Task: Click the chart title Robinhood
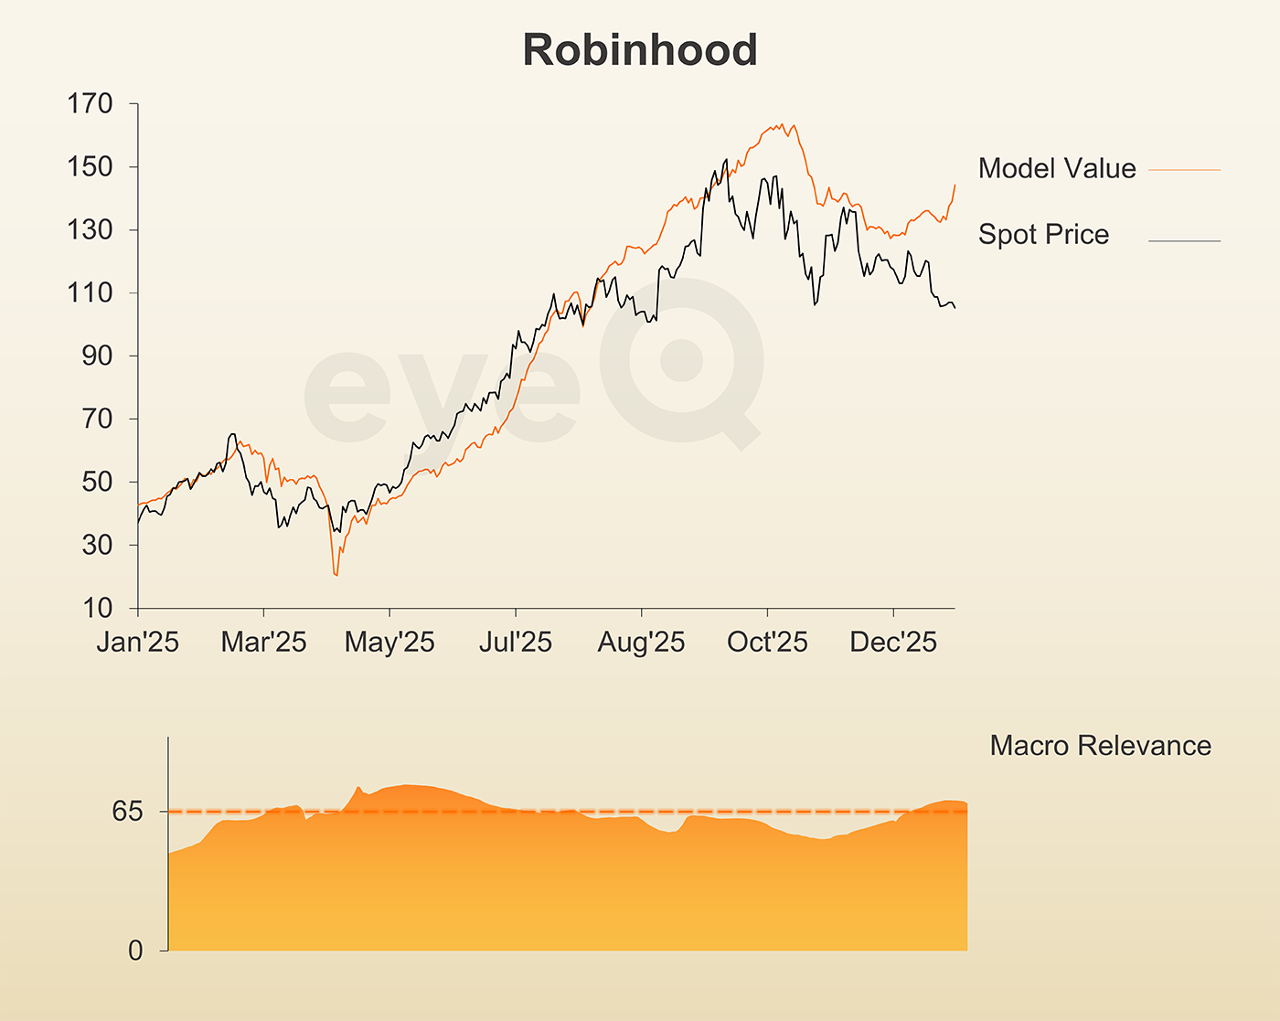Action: [x=640, y=50]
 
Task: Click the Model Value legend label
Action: [x=1057, y=168]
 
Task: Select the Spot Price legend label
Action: [x=1043, y=235]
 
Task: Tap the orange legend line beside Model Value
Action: [x=1184, y=170]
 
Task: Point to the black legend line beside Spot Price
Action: [x=1184, y=241]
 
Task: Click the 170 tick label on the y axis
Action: [x=90, y=104]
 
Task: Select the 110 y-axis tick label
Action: [x=90, y=293]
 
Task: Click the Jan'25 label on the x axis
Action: [x=138, y=643]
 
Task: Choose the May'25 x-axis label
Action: [x=389, y=643]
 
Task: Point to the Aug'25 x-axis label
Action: [x=641, y=643]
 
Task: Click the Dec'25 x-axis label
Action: [x=893, y=643]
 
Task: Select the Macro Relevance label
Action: [x=1100, y=746]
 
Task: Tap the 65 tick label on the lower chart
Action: [x=128, y=812]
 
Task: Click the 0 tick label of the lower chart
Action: [x=135, y=952]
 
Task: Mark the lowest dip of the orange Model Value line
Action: [x=336, y=575]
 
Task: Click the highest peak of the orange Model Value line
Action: [x=782, y=123]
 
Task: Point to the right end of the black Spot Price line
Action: [x=955, y=308]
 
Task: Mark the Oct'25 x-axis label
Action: [x=767, y=643]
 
